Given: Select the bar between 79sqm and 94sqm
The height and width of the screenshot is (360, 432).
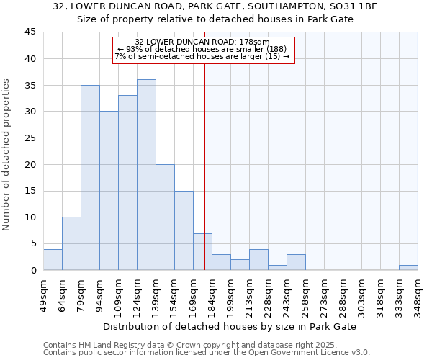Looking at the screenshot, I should pos(90,178).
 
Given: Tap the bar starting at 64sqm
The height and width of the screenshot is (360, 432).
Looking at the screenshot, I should pos(71,243).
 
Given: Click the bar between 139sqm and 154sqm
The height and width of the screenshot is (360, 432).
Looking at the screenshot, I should pos(165,217).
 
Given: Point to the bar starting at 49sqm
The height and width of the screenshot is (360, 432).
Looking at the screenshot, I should pos(53,259).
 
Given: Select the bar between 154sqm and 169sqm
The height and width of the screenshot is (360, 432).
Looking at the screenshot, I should pos(184,230).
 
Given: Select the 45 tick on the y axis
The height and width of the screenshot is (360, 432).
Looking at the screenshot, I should pos(30,32).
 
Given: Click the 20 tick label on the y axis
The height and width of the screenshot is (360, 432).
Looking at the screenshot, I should pos(30,164).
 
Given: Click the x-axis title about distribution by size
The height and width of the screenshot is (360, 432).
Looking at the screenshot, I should pos(230,326).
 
